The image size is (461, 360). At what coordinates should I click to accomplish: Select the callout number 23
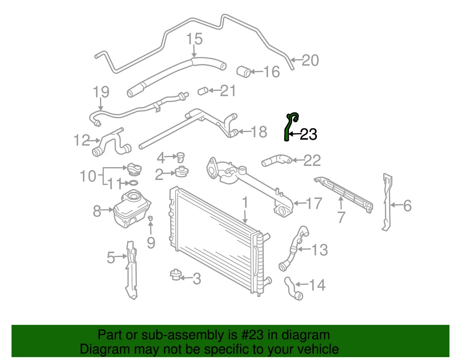[x=308, y=135]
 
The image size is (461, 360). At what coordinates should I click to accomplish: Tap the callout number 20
[x=310, y=61]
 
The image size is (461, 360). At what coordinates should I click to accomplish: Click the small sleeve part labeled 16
[x=244, y=72]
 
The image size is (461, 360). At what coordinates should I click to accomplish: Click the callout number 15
[x=194, y=39]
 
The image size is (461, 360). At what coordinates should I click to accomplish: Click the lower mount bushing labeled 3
[x=176, y=276]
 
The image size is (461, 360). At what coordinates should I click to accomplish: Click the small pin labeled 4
[x=182, y=156]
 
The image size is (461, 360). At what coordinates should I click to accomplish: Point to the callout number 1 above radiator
[x=245, y=202]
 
